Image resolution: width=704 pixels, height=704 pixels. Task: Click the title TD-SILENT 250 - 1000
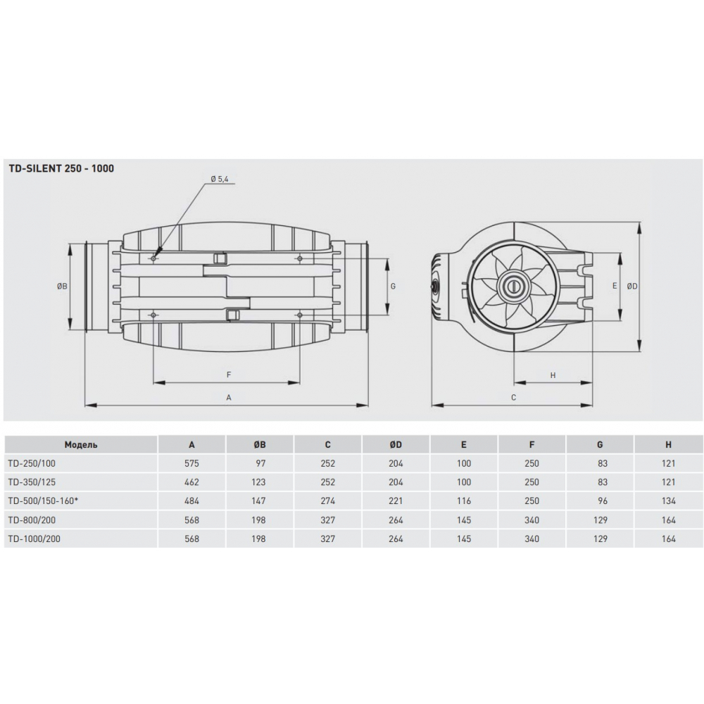[x=61, y=168]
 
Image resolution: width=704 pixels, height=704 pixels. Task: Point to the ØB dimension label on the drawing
[x=62, y=286]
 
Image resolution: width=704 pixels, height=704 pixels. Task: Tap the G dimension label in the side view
[x=393, y=286]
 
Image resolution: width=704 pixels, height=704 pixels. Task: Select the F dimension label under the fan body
[x=229, y=375]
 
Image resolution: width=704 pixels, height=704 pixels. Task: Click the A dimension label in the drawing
[x=229, y=397]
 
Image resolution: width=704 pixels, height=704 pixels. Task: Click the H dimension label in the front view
[x=553, y=375]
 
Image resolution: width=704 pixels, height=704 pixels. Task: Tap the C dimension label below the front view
[x=513, y=397]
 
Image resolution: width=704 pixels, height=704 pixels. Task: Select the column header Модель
[x=81, y=445]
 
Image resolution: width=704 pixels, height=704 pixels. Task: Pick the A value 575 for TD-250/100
[x=192, y=464]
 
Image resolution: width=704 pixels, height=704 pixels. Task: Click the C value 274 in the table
[x=327, y=501]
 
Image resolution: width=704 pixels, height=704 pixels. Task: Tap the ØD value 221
[x=396, y=501]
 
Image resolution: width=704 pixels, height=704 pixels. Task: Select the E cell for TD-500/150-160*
[x=464, y=501]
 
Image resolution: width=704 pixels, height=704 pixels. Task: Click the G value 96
[x=601, y=501]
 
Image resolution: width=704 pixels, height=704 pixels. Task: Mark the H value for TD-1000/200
[x=668, y=539]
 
